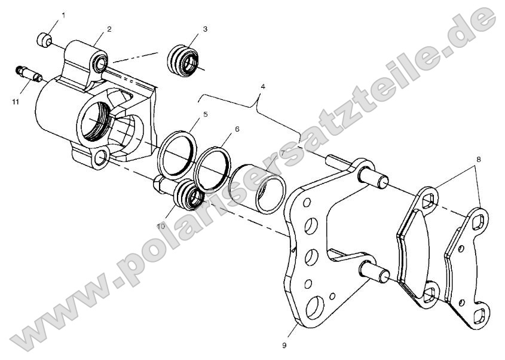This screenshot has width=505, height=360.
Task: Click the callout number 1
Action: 64,14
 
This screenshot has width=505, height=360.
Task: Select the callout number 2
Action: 110,29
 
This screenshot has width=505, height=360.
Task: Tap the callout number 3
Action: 204,29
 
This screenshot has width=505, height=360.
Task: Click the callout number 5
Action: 205,113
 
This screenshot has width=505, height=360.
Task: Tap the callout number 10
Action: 161,226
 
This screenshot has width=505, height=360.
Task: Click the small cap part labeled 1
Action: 42,40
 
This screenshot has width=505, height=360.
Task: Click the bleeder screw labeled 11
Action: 27,75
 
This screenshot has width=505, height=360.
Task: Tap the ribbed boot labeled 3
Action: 183,59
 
